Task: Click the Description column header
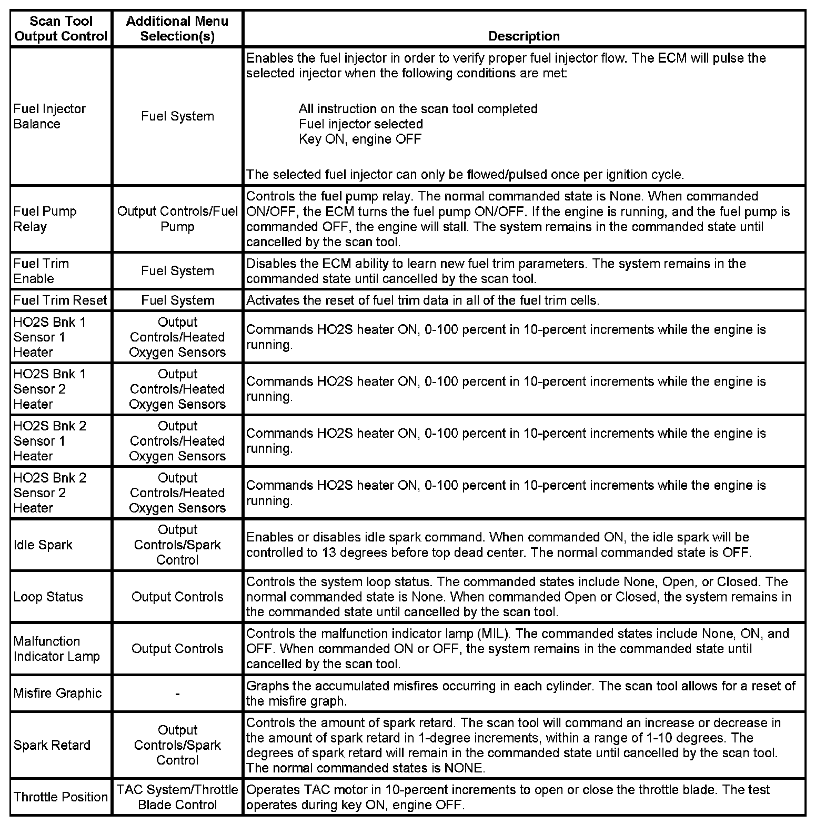click(524, 36)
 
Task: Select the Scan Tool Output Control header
click(61, 28)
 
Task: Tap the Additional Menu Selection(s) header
click(177, 28)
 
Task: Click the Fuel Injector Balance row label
click(49, 116)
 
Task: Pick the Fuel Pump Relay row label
click(45, 219)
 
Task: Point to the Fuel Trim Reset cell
click(60, 300)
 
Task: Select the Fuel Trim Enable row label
click(41, 271)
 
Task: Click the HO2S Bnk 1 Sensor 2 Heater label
click(49, 389)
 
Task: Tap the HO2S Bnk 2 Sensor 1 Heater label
click(49, 441)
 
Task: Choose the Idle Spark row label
click(43, 545)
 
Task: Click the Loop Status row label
click(48, 597)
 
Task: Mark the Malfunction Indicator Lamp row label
click(56, 649)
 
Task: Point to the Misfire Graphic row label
click(57, 693)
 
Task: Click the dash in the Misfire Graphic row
click(177, 694)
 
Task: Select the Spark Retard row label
click(52, 745)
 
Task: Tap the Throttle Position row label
click(61, 797)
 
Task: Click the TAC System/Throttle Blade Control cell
click(177, 797)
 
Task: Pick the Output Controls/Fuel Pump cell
click(177, 219)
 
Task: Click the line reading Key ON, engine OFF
click(360, 139)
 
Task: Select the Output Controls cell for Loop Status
click(177, 597)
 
